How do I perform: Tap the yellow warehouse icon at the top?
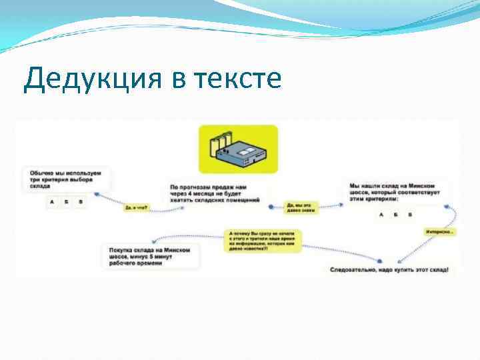coord(238,149)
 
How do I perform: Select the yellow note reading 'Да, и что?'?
coord(136,208)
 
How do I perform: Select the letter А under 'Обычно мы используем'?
coord(52,201)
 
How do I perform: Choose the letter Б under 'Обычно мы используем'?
coord(67,201)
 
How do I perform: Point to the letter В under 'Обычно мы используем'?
coord(81,201)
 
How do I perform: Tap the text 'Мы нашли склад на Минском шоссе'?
coord(394,189)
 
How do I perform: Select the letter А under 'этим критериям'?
coord(381,214)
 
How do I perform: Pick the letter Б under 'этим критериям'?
coord(395,214)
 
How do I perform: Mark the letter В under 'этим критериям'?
coord(410,214)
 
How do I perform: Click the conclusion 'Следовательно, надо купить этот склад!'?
coord(389,270)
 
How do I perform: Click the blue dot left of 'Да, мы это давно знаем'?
coord(271,207)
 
